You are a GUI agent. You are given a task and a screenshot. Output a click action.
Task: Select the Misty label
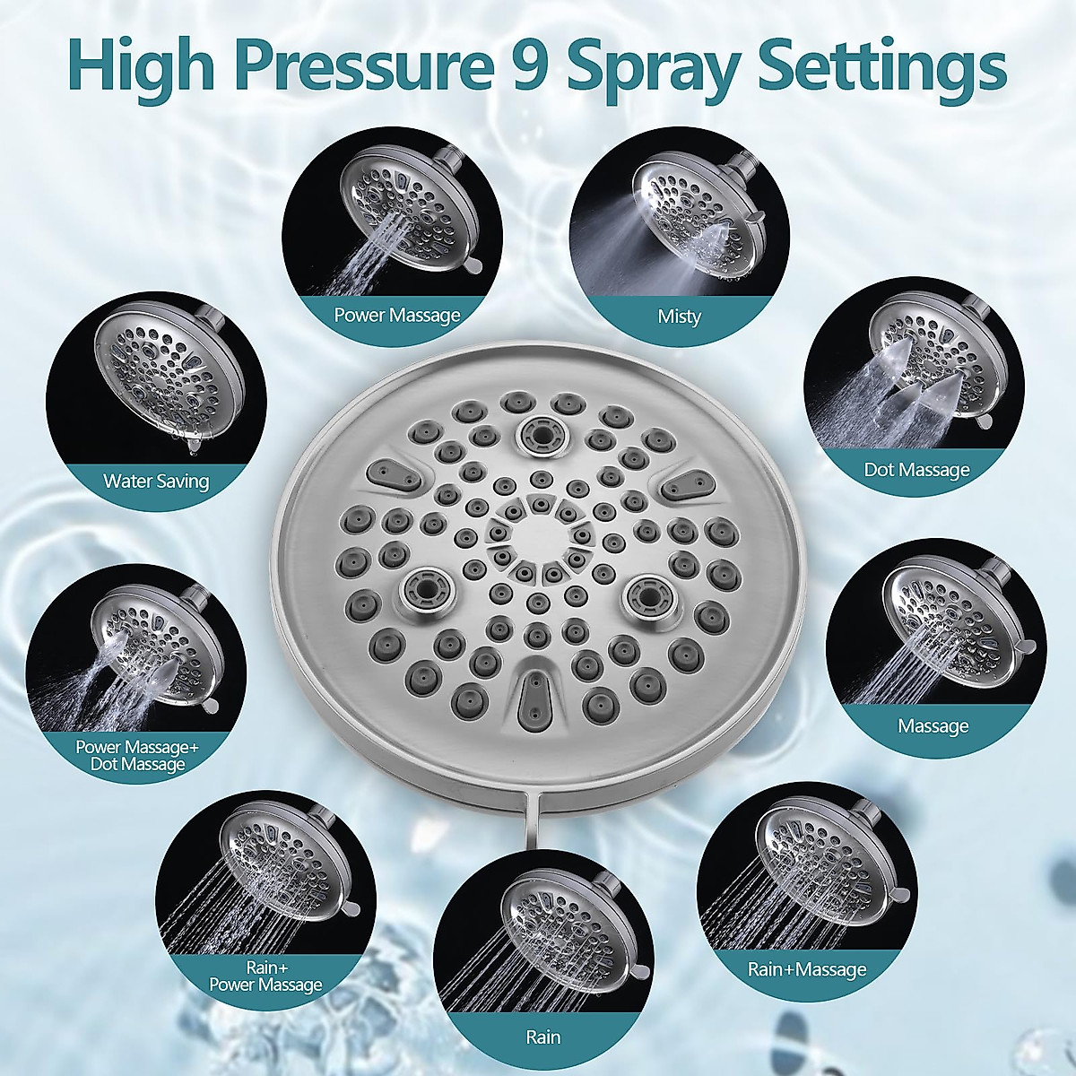[679, 317]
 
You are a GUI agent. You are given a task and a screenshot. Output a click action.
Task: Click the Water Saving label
[156, 481]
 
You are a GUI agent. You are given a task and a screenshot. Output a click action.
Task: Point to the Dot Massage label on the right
[916, 469]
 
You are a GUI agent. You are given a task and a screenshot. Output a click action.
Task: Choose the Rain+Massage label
[807, 969]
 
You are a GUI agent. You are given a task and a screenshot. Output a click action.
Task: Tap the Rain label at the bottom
[543, 1037]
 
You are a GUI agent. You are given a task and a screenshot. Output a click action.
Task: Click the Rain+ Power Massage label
[265, 976]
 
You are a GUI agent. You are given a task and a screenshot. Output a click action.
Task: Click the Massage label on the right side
[933, 725]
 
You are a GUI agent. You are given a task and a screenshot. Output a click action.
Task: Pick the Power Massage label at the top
[396, 315]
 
